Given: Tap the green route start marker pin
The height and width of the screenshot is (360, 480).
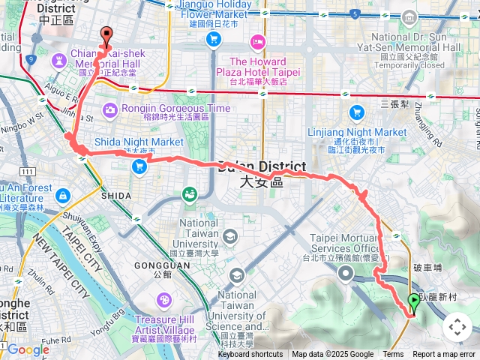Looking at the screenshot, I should tap(413, 303).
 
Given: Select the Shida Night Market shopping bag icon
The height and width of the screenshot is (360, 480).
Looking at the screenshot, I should tap(139, 166).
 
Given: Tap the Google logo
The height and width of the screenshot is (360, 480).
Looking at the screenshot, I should tap(28, 349).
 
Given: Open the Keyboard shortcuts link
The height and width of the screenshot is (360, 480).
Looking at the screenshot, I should tap(250, 355).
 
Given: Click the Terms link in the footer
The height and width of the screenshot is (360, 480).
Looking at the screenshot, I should tap(393, 355).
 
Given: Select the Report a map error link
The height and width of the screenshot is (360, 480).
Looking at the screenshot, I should tap(444, 355).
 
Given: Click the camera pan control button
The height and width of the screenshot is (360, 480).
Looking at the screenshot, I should tap(457, 327).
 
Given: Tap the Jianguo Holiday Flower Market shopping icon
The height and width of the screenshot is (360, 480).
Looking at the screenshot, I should tap(215, 37).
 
